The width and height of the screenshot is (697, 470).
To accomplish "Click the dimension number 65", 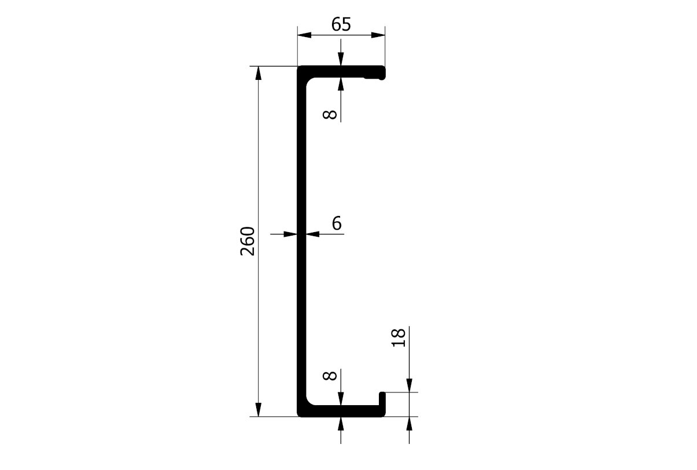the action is [x=341, y=24].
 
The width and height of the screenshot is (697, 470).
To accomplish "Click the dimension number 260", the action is [x=248, y=241].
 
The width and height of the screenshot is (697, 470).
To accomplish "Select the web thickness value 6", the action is [x=337, y=223].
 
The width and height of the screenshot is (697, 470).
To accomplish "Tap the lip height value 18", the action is [x=399, y=337].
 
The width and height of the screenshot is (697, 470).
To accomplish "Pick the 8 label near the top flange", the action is [x=330, y=114].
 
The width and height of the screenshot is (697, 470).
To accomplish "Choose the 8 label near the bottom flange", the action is [x=330, y=375].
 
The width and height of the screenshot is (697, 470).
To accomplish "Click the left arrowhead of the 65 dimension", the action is [x=304, y=35].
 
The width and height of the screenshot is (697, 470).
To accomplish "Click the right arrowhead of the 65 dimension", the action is [x=378, y=35].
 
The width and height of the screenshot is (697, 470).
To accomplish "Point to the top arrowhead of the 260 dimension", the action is [x=258, y=73].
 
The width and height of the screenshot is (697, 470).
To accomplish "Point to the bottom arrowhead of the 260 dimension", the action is [x=258, y=410].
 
